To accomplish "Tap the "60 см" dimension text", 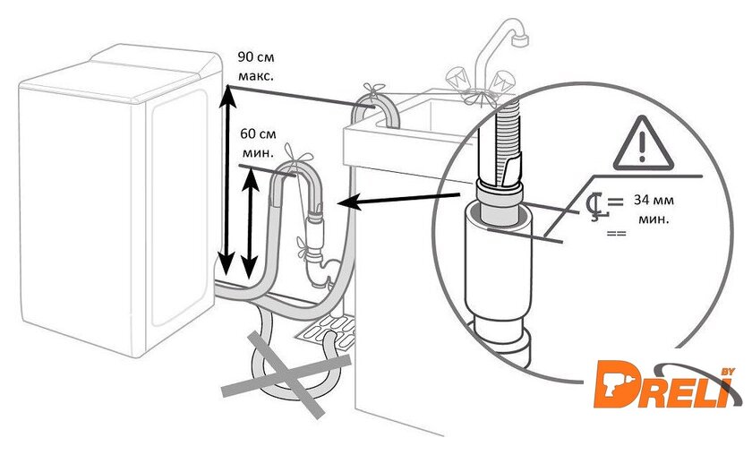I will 258,133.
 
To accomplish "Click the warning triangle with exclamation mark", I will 644,146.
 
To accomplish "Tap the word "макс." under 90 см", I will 258,76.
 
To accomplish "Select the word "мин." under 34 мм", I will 652,218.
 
